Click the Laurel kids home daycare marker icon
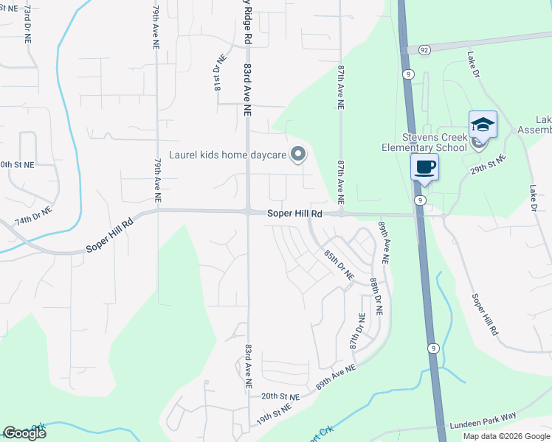coord(298,155)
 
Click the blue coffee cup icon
coord(424,166)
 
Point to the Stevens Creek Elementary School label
coord(434,142)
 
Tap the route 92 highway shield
coord(424,49)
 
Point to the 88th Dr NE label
coord(376,296)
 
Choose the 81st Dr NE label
coord(218,72)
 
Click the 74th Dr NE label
coord(33,216)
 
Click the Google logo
coord(24,433)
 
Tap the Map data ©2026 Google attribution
coord(506,436)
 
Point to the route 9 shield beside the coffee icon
coord(419,200)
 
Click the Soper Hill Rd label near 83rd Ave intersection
coord(295,214)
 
